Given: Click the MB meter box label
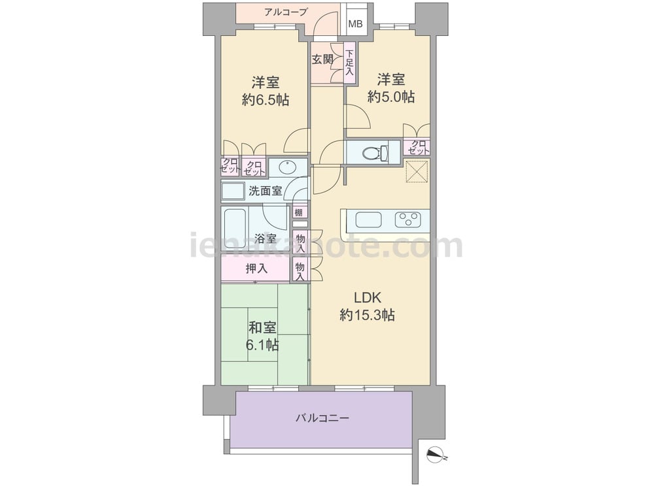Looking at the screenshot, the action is pos(355,24).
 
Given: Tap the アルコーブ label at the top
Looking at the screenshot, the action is pos(286,12).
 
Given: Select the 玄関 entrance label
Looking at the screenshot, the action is pos(322,59).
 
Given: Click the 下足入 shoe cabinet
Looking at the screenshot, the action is pos(349,63).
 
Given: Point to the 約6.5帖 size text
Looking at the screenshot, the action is pos(266,100).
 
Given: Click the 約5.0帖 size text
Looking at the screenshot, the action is pos(391,97).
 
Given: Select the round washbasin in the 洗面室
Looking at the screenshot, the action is pos(287,167).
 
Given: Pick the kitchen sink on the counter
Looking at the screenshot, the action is pos(368,220).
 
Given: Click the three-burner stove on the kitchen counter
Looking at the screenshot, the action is pos(409,219).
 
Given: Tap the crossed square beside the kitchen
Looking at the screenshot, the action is pos(417,171).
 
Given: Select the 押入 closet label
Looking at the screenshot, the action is pos(256,269).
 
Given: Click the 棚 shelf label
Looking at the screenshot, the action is pos(298,212).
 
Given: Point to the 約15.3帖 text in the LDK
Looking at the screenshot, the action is pos(368,315).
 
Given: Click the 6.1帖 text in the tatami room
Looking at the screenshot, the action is pos(262,345).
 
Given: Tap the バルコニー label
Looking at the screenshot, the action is pos(322,417).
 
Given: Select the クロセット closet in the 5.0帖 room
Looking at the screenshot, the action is pos(417,147).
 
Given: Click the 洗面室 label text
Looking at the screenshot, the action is pos(266,191).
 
